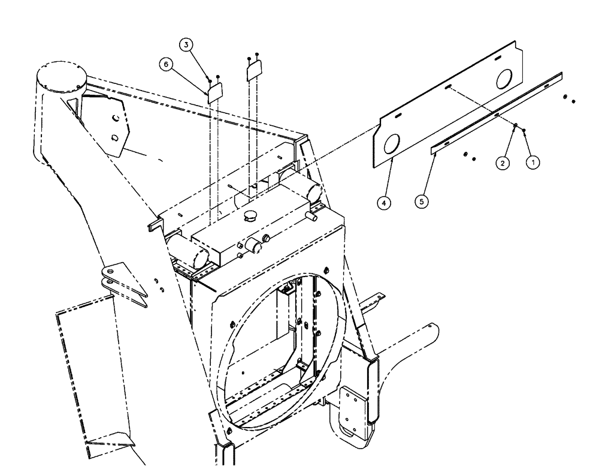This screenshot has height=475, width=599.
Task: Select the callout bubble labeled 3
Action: [x=187, y=46]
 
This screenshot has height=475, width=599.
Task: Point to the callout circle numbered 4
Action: [x=385, y=203]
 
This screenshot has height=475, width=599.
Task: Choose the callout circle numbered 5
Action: [x=423, y=202]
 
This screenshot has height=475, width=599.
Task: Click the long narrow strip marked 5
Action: [x=497, y=112]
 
